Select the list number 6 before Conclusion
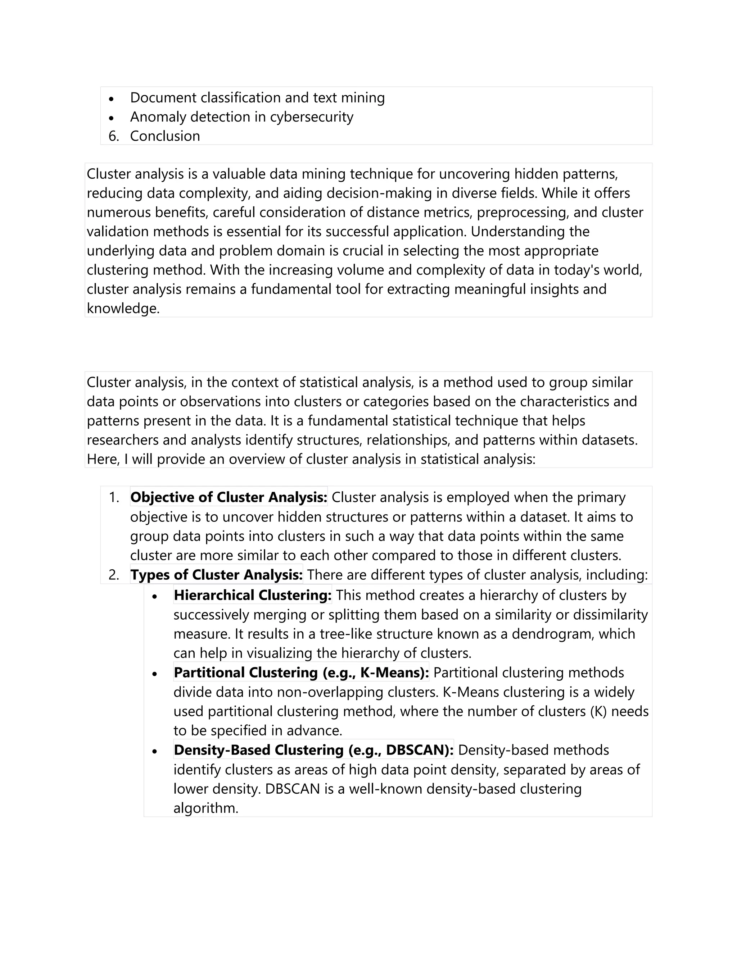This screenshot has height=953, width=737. tap(113, 136)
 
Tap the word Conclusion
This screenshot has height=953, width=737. tap(165, 136)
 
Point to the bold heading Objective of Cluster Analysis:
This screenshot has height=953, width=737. tap(229, 497)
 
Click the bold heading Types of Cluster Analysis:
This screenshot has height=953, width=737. tap(216, 574)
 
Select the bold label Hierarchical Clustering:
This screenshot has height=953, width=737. tap(252, 595)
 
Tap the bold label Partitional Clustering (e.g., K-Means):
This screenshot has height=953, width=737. tap(301, 672)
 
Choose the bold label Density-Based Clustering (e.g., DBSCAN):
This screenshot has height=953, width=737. tap(313, 750)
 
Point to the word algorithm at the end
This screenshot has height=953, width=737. tap(205, 808)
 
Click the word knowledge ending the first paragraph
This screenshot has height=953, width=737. tap(123, 309)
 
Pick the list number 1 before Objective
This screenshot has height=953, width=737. tap(113, 497)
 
